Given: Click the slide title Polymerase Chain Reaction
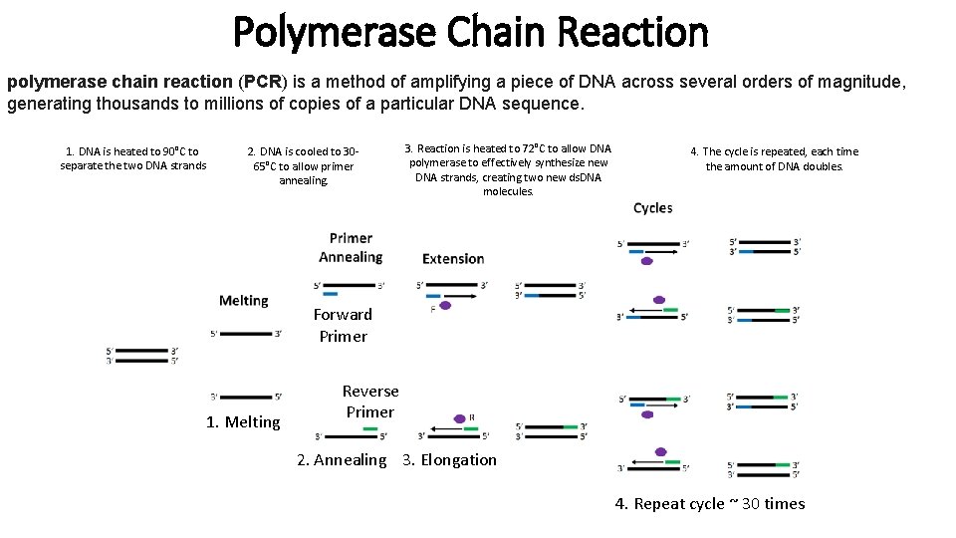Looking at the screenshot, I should (x=470, y=32).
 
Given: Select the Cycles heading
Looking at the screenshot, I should (x=653, y=208).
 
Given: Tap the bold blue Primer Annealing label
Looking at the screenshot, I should (x=351, y=247).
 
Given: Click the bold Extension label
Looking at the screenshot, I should (x=453, y=259).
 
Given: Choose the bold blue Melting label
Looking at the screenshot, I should (x=244, y=301).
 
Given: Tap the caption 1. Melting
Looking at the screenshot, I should (x=243, y=422).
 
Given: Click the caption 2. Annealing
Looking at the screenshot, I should (x=342, y=460).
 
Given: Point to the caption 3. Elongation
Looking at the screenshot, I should (x=448, y=460).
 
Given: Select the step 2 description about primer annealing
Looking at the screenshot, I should (x=303, y=166).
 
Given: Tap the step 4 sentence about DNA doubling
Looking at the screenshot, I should (x=774, y=159).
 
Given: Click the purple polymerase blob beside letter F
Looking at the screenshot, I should (x=445, y=306).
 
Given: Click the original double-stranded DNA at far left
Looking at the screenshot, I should (x=142, y=355).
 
